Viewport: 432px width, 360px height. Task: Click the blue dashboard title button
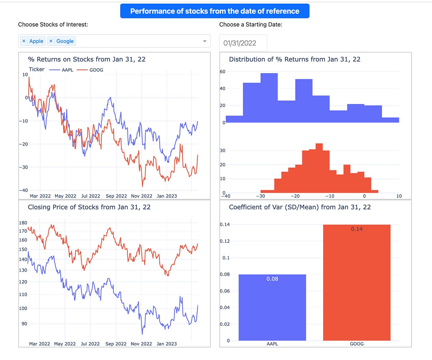pyautogui.click(x=215, y=11)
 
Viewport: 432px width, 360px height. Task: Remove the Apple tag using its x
pyautogui.click(x=24, y=41)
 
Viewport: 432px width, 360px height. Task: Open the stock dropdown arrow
pyautogui.click(x=205, y=41)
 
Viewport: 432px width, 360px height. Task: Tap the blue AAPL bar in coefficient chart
pyautogui.click(x=272, y=310)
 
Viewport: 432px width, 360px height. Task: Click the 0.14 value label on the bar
pyautogui.click(x=357, y=229)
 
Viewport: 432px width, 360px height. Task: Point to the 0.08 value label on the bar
pyautogui.click(x=272, y=279)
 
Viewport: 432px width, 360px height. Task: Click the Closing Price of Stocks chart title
pyautogui.click(x=89, y=207)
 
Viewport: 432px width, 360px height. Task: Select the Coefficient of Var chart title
pyautogui.click(x=300, y=207)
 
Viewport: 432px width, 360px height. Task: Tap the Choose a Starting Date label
pyautogui.click(x=251, y=25)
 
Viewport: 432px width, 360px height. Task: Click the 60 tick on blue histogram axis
pyautogui.click(x=222, y=72)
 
